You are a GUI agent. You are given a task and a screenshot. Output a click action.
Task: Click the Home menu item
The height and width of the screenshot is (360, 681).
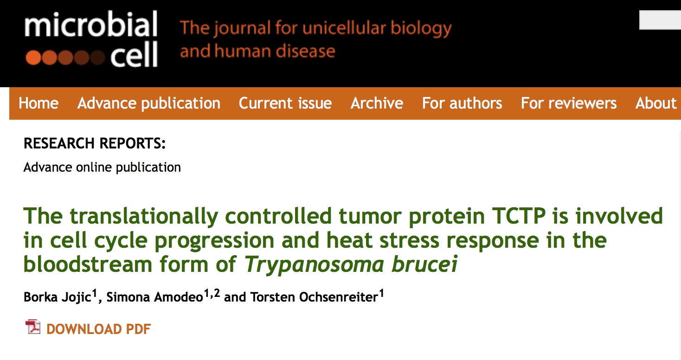click(39, 103)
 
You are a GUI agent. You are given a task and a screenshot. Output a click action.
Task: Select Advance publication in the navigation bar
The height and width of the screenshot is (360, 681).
click(148, 103)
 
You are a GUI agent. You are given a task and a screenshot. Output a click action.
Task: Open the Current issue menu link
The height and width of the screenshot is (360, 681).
click(285, 103)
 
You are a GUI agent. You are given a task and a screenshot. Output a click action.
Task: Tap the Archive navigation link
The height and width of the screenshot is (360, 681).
click(377, 103)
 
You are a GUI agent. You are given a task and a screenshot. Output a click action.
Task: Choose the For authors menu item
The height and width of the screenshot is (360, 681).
click(462, 103)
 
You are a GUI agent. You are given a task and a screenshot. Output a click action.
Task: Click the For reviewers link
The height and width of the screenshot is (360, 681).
click(569, 103)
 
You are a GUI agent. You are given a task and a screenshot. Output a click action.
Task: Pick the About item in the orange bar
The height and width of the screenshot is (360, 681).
click(656, 103)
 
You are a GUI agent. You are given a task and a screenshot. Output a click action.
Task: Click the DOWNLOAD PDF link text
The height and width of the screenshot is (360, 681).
click(98, 329)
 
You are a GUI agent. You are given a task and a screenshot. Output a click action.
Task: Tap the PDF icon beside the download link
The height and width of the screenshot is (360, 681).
click(33, 327)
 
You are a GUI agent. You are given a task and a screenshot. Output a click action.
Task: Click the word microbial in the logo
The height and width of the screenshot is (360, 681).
click(90, 24)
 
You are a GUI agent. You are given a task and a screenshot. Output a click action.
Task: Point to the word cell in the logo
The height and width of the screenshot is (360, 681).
click(134, 55)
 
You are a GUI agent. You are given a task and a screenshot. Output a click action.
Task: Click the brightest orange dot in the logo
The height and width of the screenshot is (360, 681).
click(33, 58)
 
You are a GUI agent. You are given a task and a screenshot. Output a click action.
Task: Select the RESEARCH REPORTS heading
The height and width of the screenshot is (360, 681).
click(95, 143)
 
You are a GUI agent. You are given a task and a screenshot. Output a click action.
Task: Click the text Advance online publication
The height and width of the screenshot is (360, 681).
click(102, 167)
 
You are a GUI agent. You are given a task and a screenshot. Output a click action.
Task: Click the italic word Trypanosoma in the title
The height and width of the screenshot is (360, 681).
click(314, 264)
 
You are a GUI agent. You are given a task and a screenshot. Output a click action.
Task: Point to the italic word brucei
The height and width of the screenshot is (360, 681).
click(424, 264)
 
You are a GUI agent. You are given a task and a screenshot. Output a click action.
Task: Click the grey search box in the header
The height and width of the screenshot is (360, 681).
click(660, 20)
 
